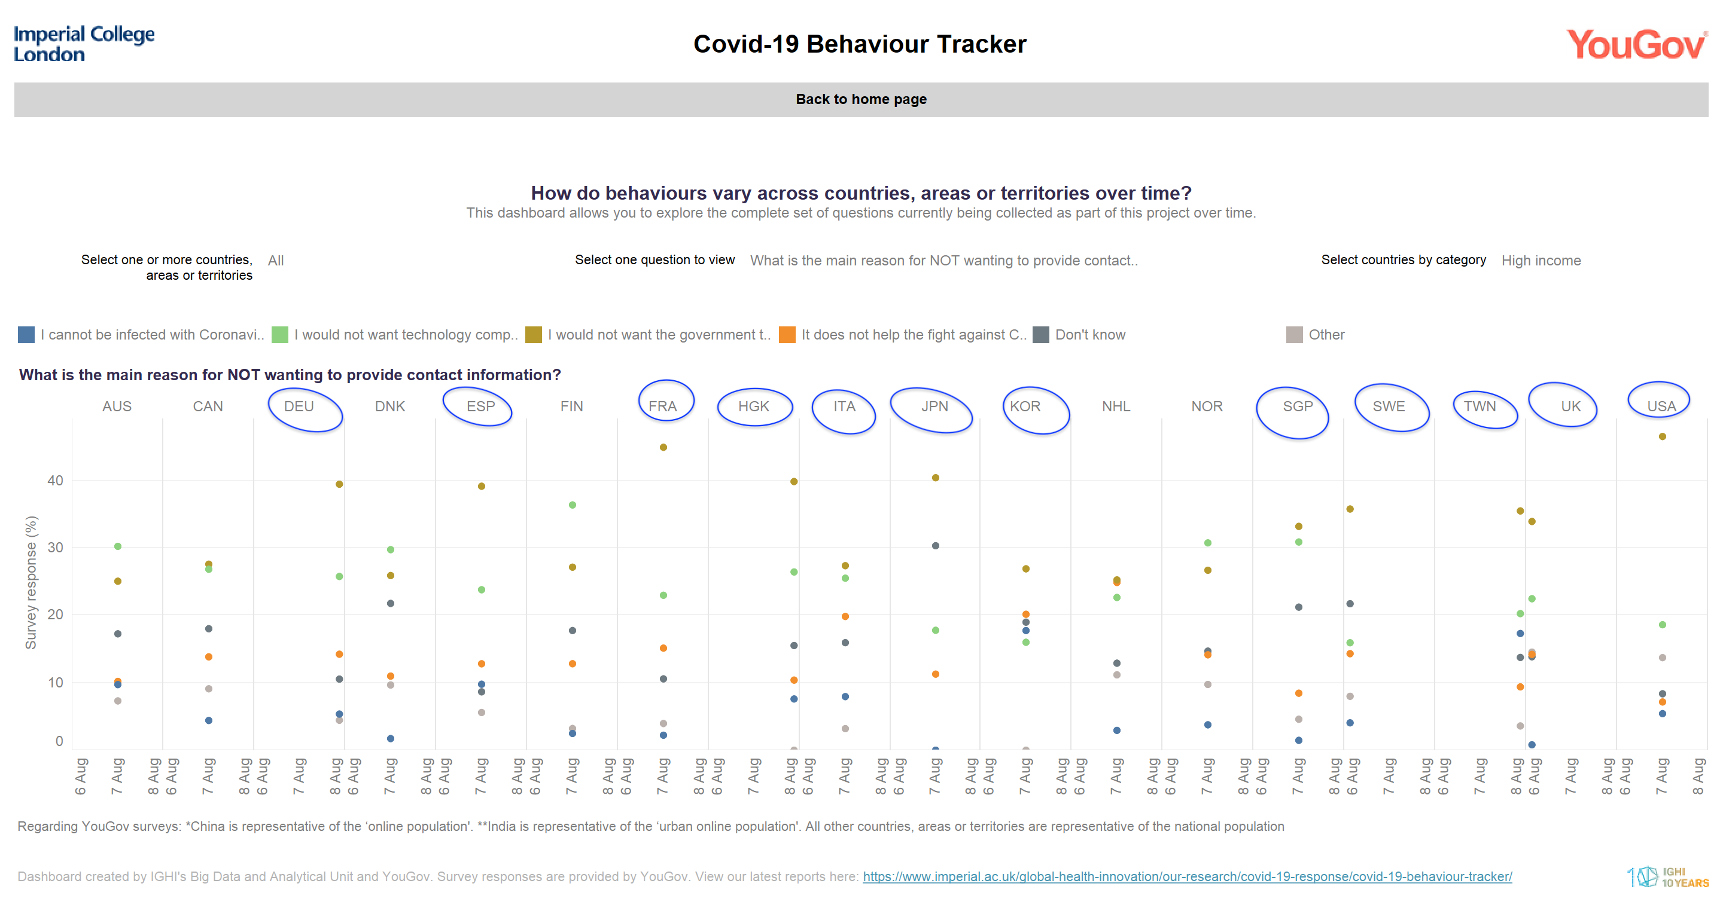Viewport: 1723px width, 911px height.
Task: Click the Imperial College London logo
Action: (84, 44)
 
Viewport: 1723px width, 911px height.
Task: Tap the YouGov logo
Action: (1636, 45)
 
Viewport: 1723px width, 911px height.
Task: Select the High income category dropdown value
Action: (1541, 261)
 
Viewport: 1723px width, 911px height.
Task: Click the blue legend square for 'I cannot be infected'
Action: (26, 335)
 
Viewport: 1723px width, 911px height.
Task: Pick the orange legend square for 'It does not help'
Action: (787, 335)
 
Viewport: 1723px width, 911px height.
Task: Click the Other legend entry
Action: (1326, 335)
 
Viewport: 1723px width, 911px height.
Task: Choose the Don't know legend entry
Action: (1089, 335)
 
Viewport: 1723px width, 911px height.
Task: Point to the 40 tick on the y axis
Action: (56, 481)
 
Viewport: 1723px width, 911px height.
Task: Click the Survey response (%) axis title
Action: (31, 582)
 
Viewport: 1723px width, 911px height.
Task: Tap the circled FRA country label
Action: (663, 406)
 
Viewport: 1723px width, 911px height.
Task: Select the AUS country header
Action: (117, 406)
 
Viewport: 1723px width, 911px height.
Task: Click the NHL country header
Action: (1116, 406)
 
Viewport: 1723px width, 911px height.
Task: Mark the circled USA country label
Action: (1661, 406)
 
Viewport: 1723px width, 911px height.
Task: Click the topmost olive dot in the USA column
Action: (1662, 436)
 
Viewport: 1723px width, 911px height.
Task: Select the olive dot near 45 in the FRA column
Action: (663, 447)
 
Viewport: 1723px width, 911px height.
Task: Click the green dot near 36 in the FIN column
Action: (573, 505)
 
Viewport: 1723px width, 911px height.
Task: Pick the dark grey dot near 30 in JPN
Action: (935, 545)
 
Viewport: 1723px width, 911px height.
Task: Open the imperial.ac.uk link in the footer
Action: (1186, 876)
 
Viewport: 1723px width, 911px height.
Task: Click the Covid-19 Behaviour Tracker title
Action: (860, 44)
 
